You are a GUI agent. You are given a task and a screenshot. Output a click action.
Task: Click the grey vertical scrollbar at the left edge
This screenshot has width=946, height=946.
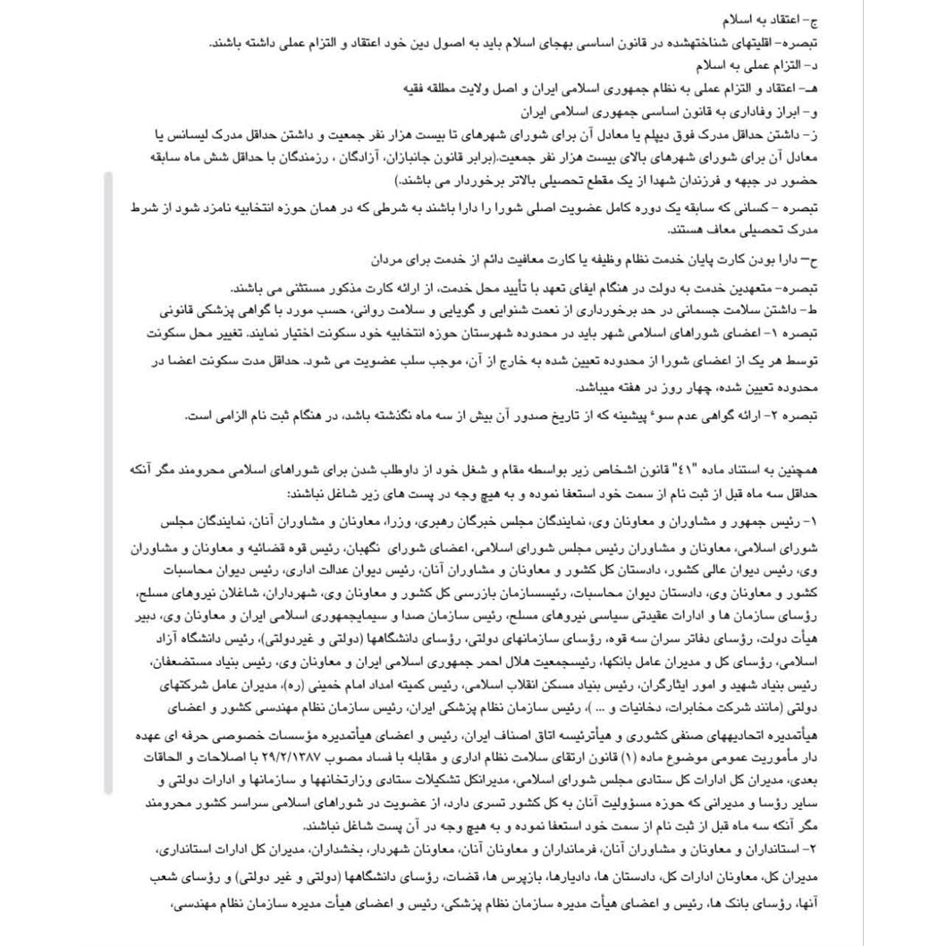(x=108, y=483)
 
